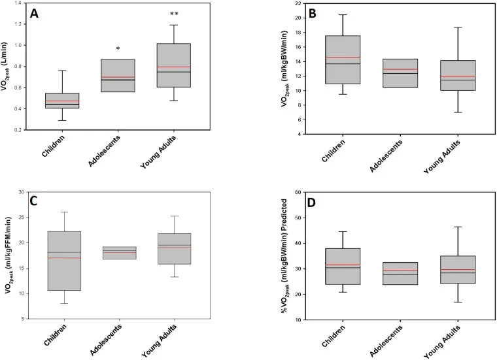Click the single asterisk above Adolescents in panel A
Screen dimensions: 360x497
[118, 49]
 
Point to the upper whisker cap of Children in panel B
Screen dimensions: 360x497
[343, 14]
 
